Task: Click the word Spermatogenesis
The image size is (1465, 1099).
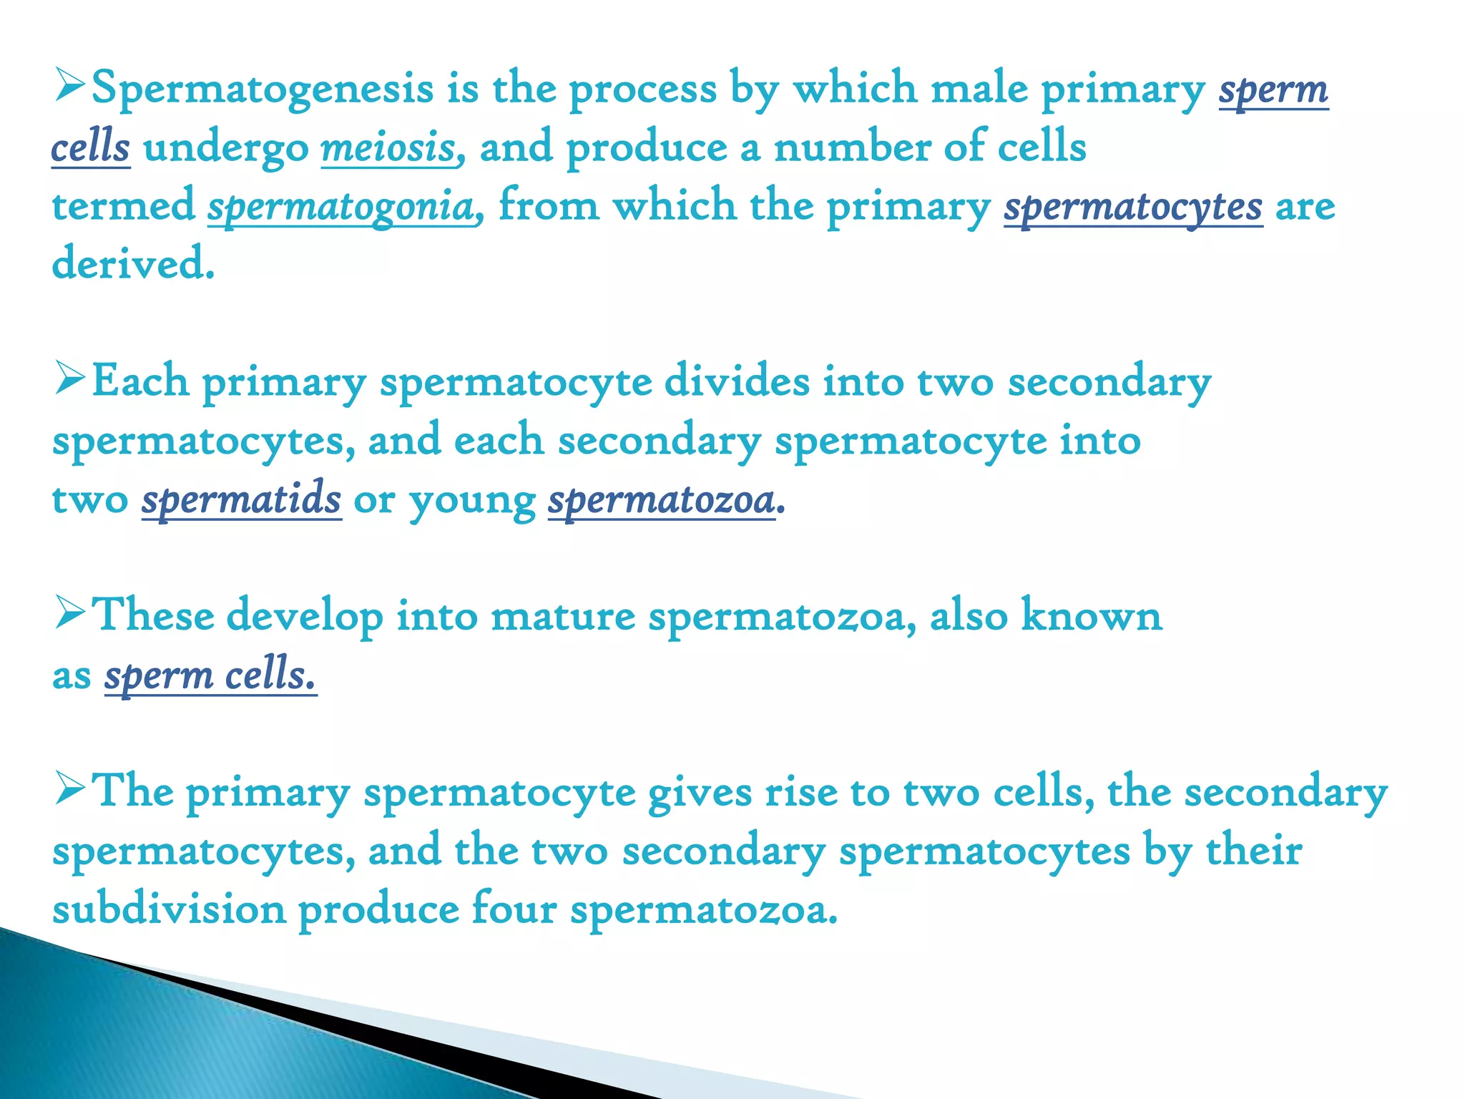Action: tap(263, 90)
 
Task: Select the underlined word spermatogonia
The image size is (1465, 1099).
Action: tap(341, 206)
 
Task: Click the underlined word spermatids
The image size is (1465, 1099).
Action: tap(241, 499)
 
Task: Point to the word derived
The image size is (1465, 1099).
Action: tap(133, 263)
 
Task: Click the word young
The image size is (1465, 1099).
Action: tap(472, 501)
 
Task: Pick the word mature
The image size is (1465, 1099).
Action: tap(563, 615)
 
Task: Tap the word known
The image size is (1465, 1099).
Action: tap(1091, 615)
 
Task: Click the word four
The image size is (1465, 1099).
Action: tap(514, 909)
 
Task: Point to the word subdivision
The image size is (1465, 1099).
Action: tap(169, 909)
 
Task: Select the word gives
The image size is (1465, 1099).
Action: tap(700, 793)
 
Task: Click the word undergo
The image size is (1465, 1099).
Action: tap(226, 149)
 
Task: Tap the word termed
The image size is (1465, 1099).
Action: tap(123, 206)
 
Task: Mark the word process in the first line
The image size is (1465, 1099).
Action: tap(642, 90)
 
